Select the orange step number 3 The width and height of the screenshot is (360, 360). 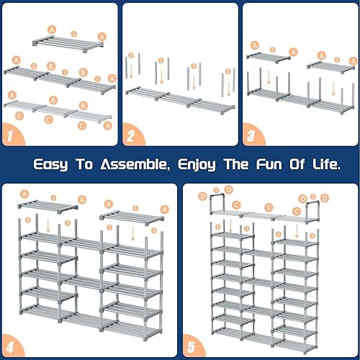point(250,134)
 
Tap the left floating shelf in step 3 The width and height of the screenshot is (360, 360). point(268,55)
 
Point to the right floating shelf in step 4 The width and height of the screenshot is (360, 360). point(133,215)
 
